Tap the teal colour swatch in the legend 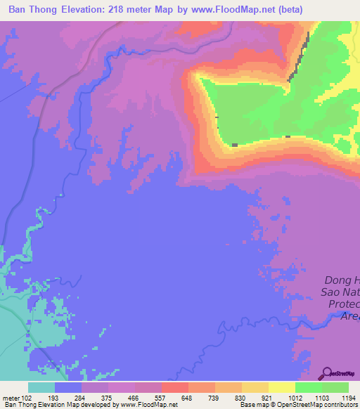tap(41, 387)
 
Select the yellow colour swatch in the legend tap(282, 387)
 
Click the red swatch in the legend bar tap(175, 387)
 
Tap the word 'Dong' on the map tap(337, 278)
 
